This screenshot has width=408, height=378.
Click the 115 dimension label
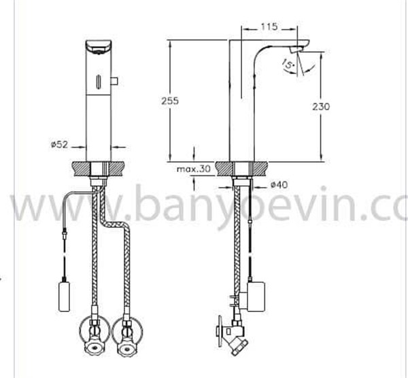(269, 27)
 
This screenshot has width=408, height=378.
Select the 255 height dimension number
(170, 101)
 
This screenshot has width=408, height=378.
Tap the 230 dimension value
(321, 107)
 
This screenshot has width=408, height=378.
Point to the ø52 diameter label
(59, 144)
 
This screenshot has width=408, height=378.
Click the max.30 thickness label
(194, 169)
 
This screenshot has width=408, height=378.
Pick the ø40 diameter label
(279, 185)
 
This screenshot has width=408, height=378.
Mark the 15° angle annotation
(288, 64)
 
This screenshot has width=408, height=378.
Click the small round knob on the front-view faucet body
(114, 81)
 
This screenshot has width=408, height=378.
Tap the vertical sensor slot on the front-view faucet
(99, 82)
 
